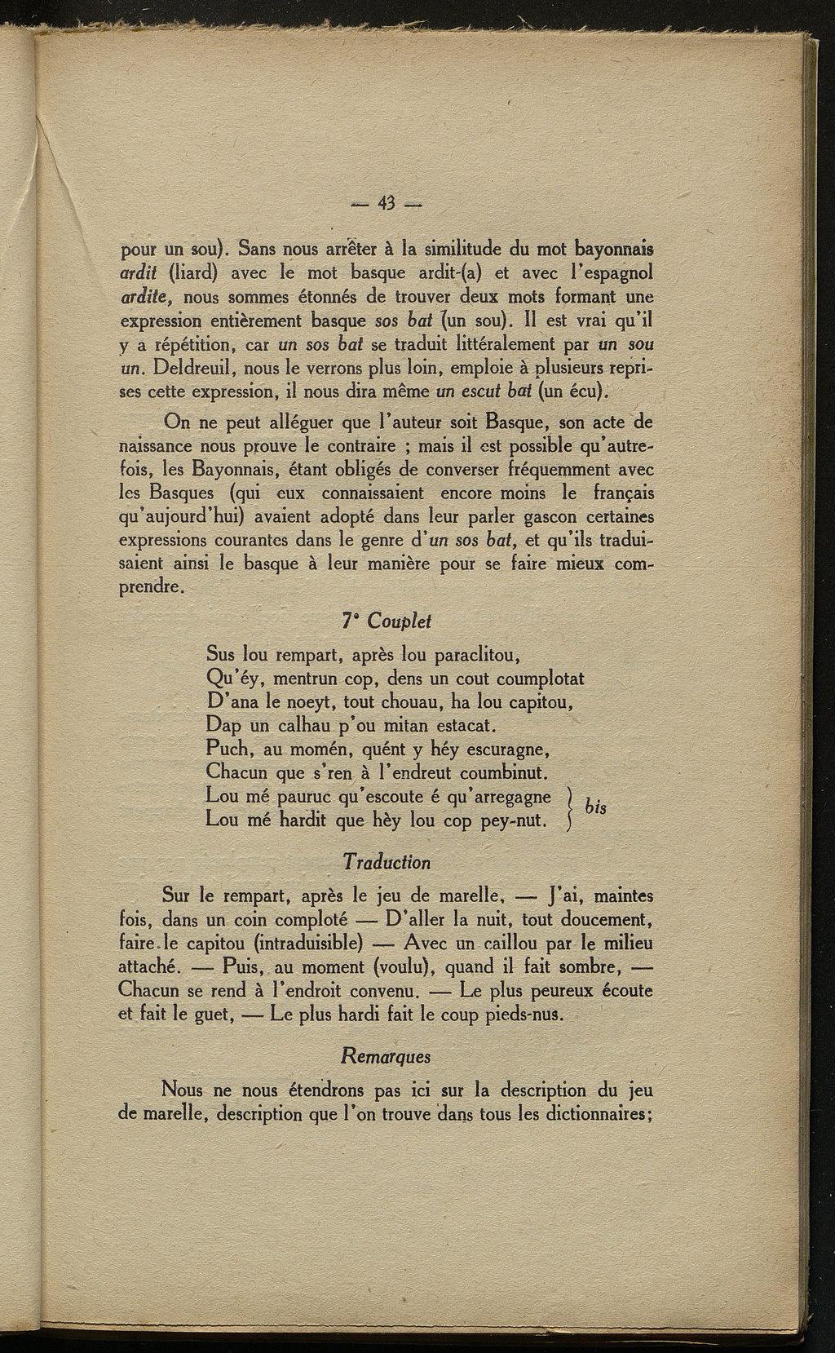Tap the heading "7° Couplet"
coord(387,621)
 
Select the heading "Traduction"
coord(387,861)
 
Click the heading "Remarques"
coord(387,1055)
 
